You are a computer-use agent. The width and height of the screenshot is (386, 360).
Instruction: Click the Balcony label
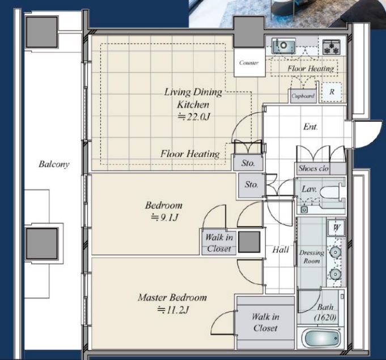[54, 164]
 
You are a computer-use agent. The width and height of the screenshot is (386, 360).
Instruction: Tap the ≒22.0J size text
[194, 116]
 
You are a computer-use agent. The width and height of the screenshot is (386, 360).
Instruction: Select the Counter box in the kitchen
[249, 62]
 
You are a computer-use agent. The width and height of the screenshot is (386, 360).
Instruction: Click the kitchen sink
[283, 45]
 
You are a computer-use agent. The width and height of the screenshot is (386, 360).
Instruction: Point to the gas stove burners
[332, 47]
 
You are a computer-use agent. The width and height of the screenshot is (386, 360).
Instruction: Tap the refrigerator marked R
[332, 92]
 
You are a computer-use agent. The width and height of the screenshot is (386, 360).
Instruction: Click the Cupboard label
[303, 96]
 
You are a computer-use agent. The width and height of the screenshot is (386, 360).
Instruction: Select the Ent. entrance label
[311, 126]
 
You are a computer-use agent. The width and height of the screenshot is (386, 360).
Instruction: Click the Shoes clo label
[313, 168]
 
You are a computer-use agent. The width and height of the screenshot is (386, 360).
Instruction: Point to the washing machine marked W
[336, 227]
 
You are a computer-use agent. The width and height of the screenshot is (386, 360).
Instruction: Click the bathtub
[323, 338]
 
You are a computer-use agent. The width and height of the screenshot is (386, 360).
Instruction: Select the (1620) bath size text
[325, 317]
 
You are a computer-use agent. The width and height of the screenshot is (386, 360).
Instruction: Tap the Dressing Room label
[312, 257]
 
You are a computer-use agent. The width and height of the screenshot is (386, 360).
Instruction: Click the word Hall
[281, 249]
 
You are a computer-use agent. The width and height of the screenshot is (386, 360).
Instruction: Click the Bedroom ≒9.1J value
[164, 218]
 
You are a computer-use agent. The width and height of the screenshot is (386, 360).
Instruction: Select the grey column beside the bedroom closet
[249, 242]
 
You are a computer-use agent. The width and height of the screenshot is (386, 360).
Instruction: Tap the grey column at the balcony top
[42, 32]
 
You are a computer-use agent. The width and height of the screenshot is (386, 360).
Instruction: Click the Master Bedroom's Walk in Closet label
[265, 322]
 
